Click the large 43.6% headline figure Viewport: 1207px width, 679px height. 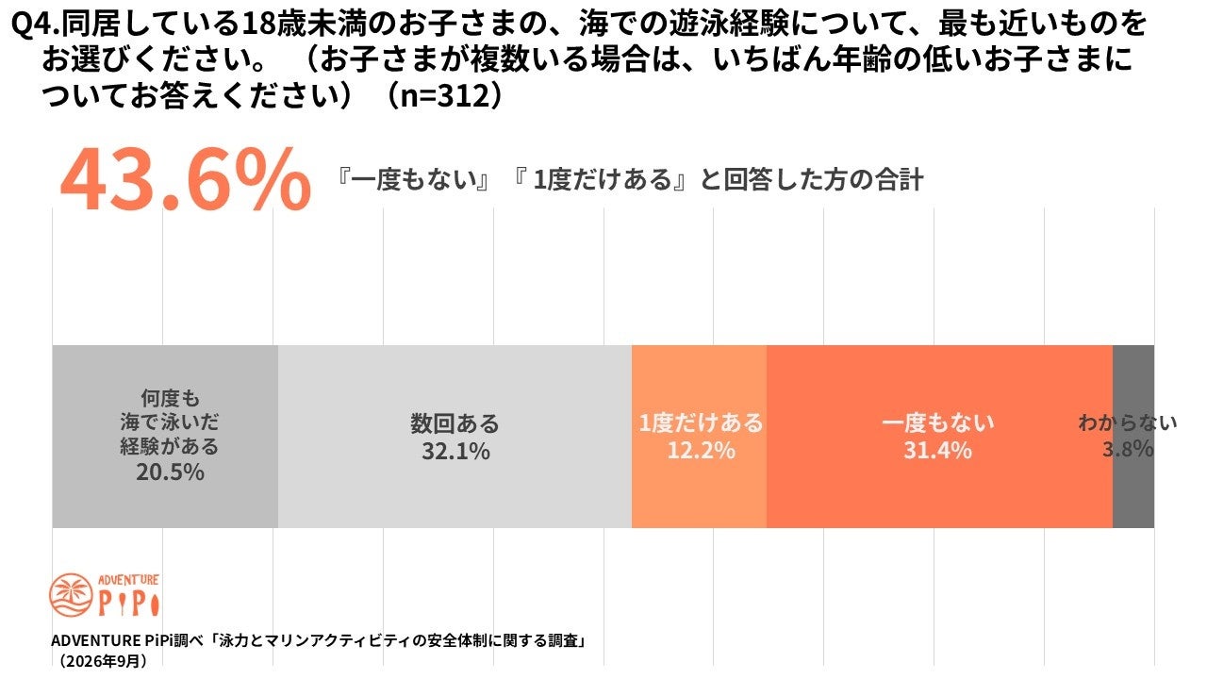186,179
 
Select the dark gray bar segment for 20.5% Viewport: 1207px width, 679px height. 165,437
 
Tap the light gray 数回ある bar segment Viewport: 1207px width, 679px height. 455,437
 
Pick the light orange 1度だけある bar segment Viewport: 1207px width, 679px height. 699,437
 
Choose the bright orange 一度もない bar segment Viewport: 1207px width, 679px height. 940,437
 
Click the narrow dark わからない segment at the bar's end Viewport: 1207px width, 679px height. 1133,437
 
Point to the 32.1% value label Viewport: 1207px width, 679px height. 455,452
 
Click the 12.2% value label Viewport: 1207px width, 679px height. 701,451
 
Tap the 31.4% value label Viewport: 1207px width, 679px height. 937,451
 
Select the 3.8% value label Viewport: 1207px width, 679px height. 1128,449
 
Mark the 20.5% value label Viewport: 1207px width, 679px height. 170,472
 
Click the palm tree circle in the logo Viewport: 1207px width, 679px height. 71,595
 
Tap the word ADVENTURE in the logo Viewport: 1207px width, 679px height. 128,580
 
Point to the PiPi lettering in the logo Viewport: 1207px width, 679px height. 129,604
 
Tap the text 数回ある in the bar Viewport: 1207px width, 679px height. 455,424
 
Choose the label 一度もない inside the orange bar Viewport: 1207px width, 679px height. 938,423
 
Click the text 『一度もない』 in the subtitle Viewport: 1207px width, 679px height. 414,180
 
